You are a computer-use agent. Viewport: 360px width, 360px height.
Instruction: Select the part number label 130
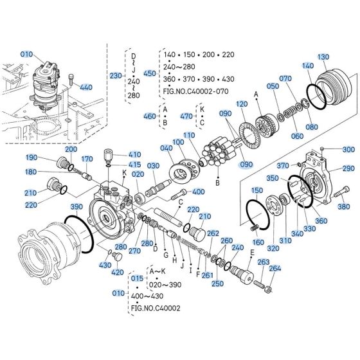[341, 56]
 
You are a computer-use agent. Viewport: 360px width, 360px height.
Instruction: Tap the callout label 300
[348, 149]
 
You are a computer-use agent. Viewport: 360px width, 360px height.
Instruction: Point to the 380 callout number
[344, 206]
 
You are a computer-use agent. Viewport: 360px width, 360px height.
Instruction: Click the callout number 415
[133, 165]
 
